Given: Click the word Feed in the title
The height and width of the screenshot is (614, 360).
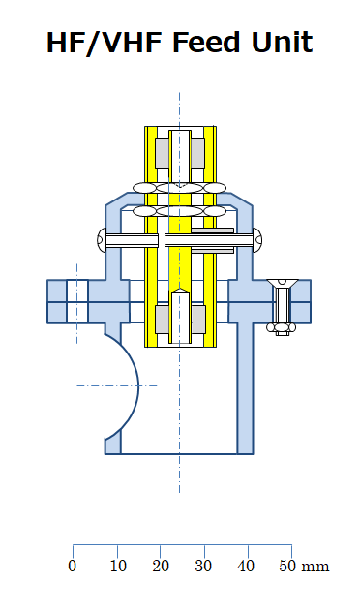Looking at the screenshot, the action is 205,43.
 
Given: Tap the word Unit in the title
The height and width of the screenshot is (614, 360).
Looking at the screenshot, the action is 282,43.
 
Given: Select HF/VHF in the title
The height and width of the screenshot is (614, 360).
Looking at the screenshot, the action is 105,43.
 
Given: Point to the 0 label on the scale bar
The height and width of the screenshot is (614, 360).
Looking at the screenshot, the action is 73,566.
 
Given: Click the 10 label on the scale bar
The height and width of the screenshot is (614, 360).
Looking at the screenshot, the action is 118,566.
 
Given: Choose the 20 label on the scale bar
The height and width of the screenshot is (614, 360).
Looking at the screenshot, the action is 161,566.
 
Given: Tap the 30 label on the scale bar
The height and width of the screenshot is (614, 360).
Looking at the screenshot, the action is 203,566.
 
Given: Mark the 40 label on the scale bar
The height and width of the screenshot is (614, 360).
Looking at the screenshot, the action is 246,566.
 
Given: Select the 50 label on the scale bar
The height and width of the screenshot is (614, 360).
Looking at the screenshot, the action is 287,566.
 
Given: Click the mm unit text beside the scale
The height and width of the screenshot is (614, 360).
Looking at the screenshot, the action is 315,567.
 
